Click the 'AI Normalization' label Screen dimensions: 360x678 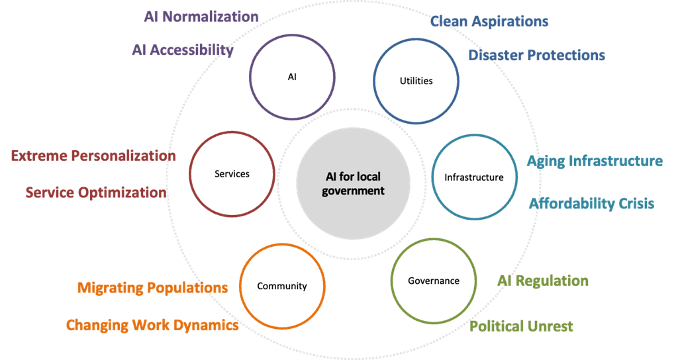tap(201, 17)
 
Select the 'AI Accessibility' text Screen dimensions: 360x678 tap(183, 50)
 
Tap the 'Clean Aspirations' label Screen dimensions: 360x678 tap(489, 21)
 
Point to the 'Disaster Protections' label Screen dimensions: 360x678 tap(536, 55)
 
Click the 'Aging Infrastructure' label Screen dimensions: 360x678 tap(595, 161)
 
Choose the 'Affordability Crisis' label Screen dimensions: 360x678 tap(591, 203)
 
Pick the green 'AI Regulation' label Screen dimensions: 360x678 tap(543, 281)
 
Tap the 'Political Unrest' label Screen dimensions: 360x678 tap(521, 326)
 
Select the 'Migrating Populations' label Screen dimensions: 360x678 tap(152, 288)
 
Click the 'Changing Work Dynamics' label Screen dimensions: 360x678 tap(152, 326)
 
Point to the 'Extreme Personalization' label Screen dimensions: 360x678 tap(93, 156)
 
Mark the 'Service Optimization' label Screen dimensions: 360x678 tap(95, 193)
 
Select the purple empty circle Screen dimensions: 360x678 tap(292, 77)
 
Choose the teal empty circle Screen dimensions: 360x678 tap(474, 177)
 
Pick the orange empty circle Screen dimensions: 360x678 tap(282, 286)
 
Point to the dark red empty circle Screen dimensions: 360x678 tap(232, 173)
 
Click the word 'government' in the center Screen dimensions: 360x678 tap(353, 191)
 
